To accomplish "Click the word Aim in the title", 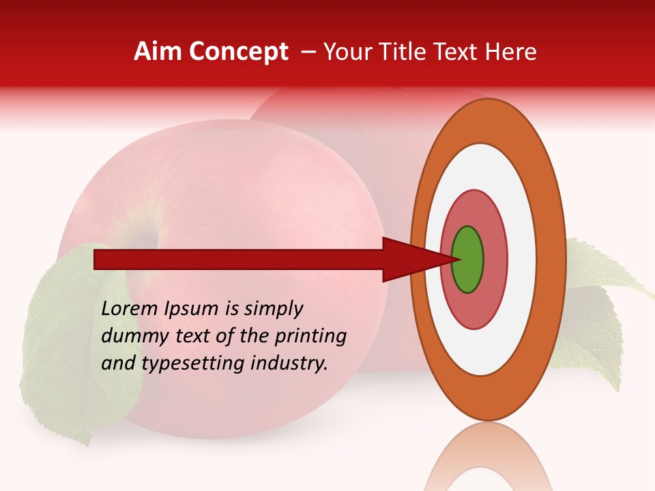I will click(x=158, y=52).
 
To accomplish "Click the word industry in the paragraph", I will click(x=289, y=363).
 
